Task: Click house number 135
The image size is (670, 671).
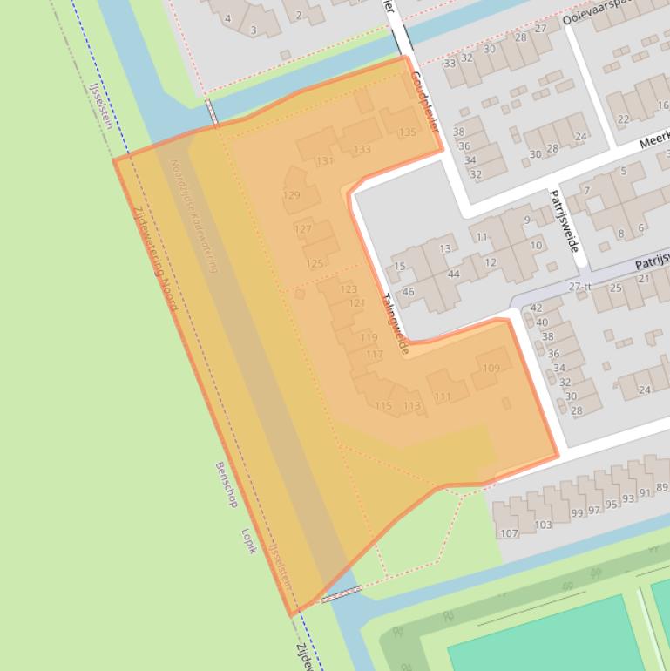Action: point(407,132)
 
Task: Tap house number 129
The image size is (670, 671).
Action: point(292,195)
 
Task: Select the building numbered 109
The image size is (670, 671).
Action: point(491,369)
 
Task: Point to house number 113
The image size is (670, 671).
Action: point(411,406)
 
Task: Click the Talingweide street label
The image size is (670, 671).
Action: point(395,322)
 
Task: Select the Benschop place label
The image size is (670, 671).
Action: point(226,485)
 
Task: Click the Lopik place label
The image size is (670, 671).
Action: point(248,541)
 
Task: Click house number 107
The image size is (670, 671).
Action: point(509,533)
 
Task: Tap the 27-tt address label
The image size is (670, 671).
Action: point(579,287)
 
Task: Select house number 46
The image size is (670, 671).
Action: point(408,292)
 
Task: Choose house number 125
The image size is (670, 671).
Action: point(315,263)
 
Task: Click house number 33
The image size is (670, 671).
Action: point(450,63)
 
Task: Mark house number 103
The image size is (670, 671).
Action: point(543,525)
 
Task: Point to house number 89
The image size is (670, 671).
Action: point(662,487)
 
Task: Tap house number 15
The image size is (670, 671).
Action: point(400,267)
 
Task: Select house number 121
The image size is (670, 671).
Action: point(357,303)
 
